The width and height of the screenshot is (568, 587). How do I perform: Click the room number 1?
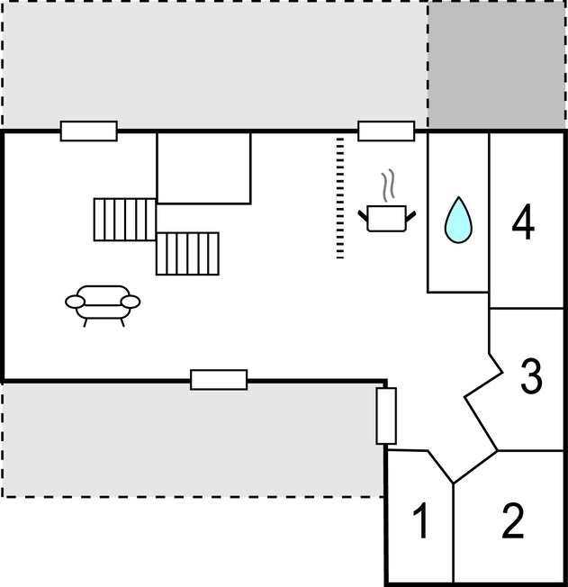pos(421,520)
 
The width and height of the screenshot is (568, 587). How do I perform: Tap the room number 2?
pos(513,520)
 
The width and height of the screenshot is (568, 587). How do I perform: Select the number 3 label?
pos(531,375)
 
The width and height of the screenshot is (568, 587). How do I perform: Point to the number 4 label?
pos(523,221)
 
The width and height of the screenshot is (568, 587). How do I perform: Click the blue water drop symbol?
pos(458,220)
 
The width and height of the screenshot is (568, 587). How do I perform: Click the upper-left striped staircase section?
pos(125,220)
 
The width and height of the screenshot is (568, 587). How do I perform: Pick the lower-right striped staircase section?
pos(187,254)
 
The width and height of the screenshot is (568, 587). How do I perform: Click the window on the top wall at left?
pos(89,131)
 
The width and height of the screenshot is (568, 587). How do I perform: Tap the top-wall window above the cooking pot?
pos(386,131)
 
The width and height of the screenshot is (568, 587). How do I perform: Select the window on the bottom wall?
pos(219,380)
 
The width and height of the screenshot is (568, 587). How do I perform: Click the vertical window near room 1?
pos(386,416)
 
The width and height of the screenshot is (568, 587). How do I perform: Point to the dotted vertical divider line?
pos(340,198)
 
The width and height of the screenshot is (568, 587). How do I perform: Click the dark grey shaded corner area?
pos(497,65)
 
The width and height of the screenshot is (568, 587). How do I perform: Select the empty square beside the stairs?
pos(204,168)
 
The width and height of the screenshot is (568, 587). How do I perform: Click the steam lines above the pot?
pos(388,185)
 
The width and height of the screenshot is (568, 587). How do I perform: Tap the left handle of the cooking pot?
pos(363,216)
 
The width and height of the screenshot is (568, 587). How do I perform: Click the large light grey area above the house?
pos(215,65)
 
